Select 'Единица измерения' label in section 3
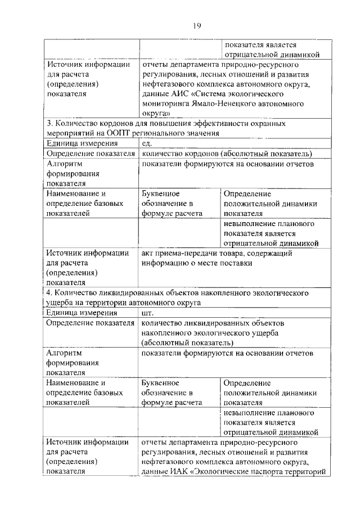[81, 143]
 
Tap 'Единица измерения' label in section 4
[81, 313]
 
